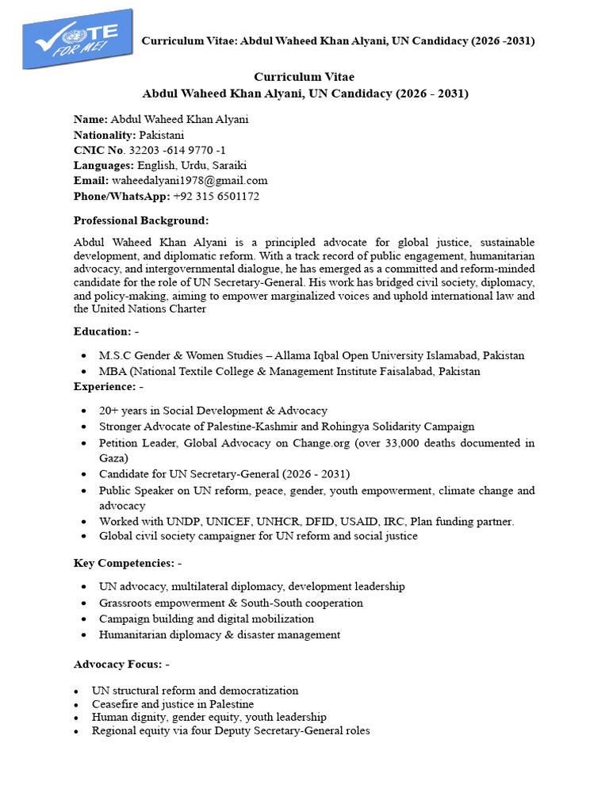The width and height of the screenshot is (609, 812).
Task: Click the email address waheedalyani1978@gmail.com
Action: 190,181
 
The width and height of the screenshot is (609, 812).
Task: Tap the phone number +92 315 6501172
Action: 216,196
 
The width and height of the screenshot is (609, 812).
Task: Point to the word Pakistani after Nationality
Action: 162,135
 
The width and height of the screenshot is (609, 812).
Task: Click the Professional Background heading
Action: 141,220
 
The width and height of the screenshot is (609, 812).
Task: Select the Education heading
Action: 102,331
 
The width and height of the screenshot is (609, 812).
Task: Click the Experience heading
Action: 105,387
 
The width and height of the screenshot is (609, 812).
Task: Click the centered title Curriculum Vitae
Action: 304,77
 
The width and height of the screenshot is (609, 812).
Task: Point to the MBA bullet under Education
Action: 289,371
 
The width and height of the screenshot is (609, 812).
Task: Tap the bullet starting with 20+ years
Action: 213,411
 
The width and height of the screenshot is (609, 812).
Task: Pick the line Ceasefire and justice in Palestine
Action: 172,704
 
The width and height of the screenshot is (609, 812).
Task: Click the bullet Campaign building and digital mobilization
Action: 206,619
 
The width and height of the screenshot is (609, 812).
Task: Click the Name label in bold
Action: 90,119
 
